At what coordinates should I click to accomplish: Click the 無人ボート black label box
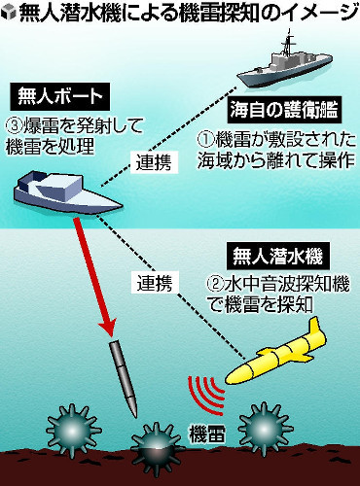click(60, 96)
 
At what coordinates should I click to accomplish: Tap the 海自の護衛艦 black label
click(284, 110)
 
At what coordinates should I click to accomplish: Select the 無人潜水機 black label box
click(277, 258)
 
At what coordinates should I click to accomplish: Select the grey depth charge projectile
click(123, 378)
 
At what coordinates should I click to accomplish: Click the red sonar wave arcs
click(206, 393)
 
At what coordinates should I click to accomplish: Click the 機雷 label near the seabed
click(207, 434)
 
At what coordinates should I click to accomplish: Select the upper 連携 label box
click(153, 161)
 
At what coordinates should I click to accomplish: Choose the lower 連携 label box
click(153, 282)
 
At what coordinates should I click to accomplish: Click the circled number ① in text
click(206, 140)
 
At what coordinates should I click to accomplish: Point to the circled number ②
click(216, 285)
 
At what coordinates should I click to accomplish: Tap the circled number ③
click(14, 126)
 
